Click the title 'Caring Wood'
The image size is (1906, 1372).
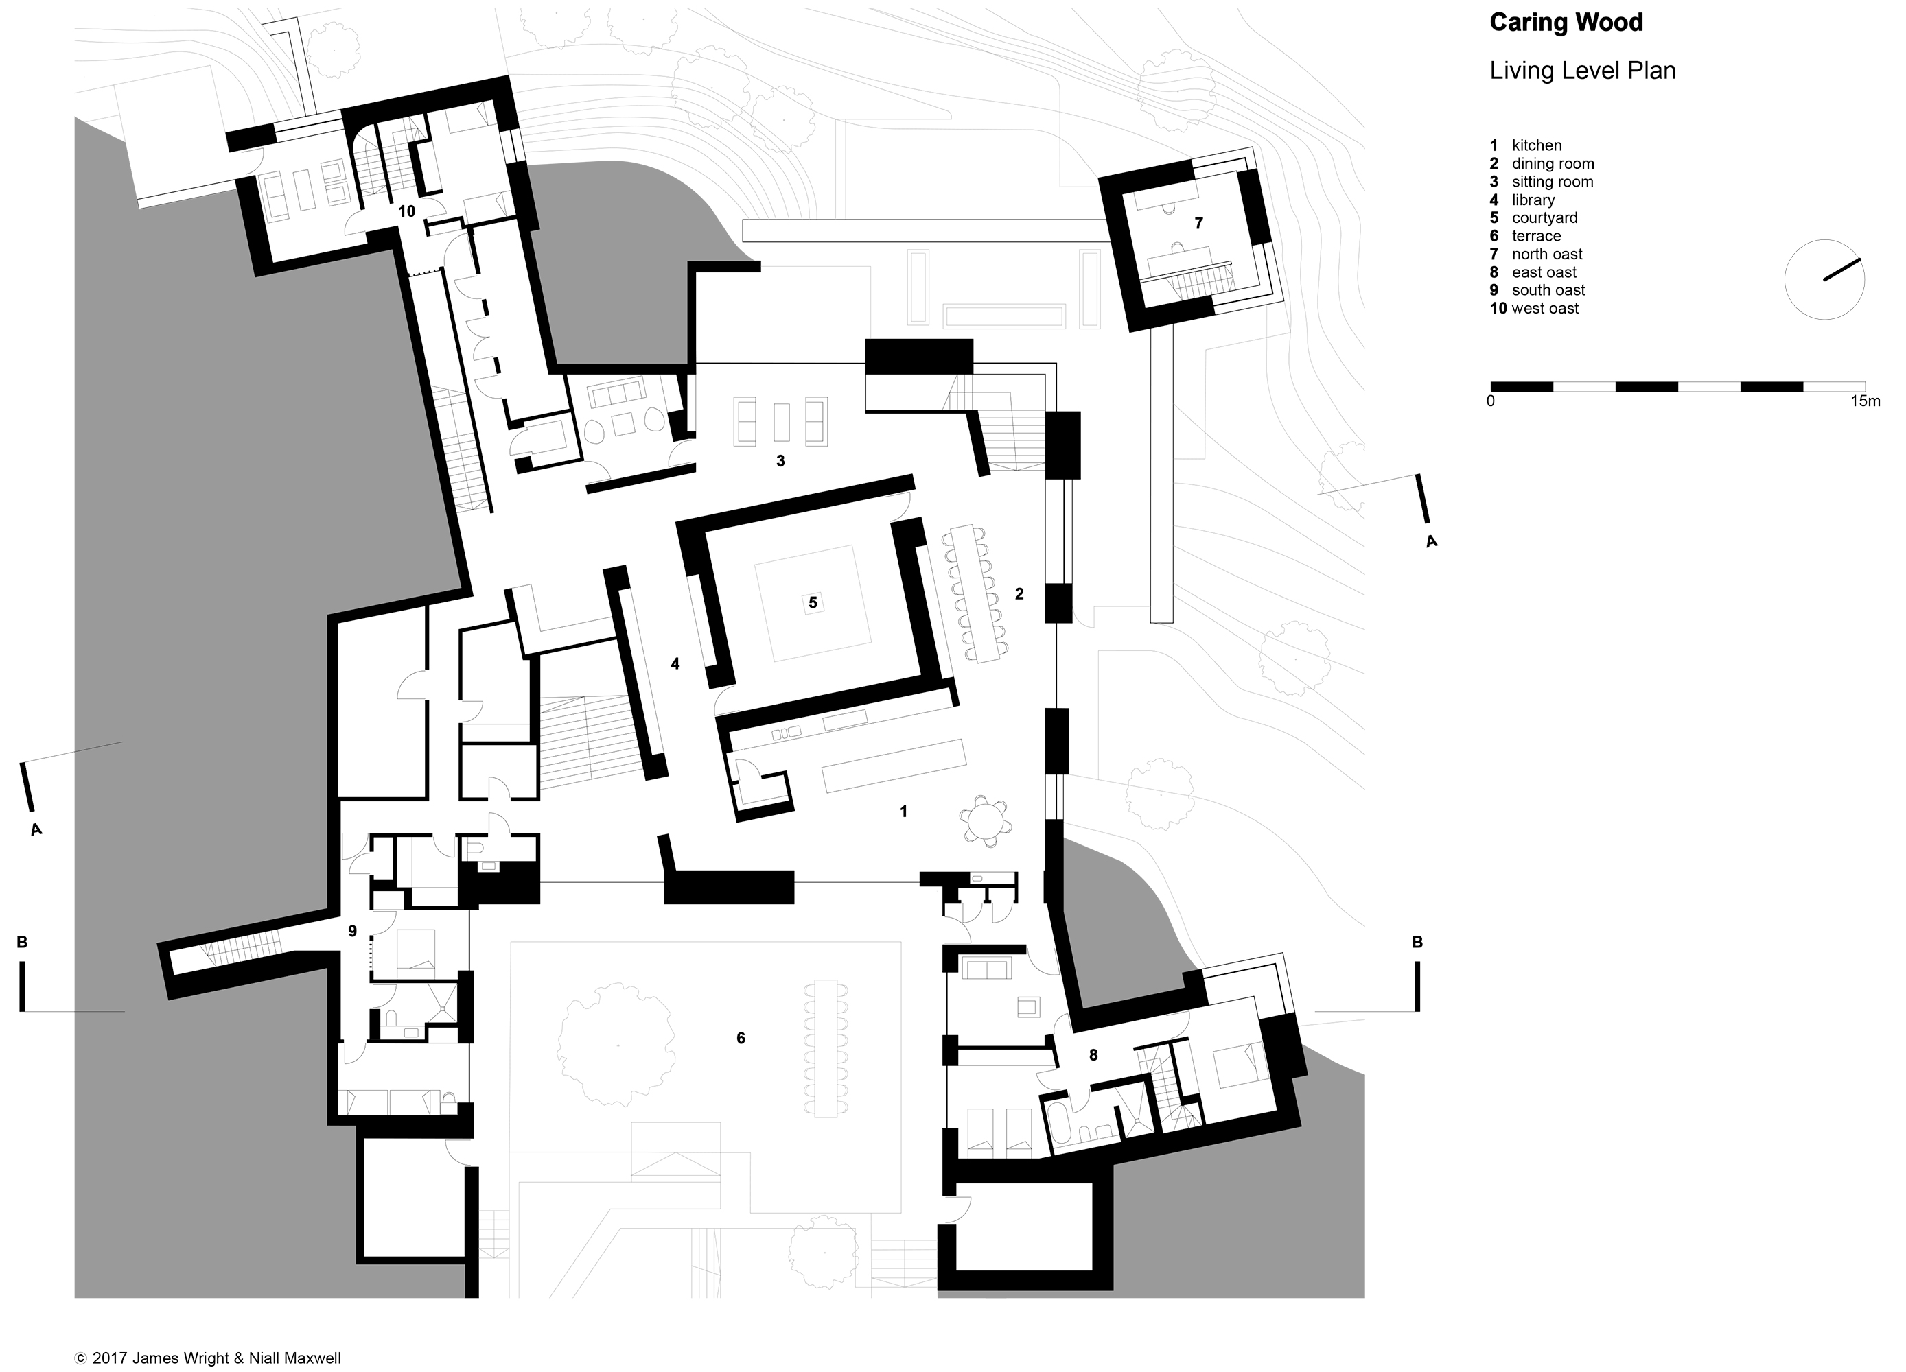tap(1566, 23)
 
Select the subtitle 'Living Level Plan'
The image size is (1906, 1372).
tap(1583, 71)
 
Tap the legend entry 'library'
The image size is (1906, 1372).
tap(1533, 200)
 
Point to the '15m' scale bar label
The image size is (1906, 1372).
tap(1865, 401)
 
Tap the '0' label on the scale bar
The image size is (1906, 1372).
tap(1491, 401)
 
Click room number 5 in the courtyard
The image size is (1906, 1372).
tap(813, 602)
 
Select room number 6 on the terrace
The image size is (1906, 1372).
tap(741, 1039)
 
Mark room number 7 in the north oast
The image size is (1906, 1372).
tap(1198, 223)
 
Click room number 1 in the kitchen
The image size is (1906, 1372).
tap(903, 812)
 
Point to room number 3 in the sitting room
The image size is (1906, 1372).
tap(780, 461)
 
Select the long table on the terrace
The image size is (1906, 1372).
tap(826, 1048)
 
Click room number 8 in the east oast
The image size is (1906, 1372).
tap(1093, 1055)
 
